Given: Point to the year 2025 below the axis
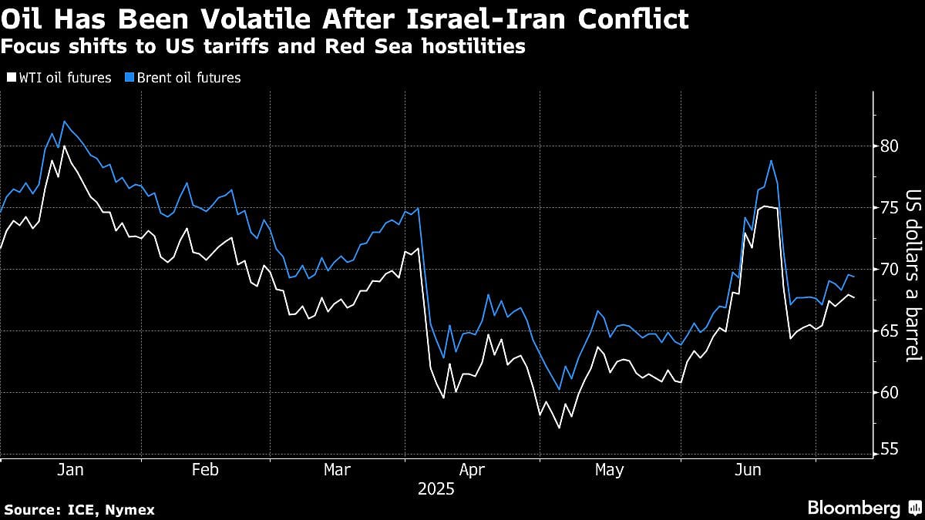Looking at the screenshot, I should (436, 489).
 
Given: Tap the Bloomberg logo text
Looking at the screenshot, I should (853, 508).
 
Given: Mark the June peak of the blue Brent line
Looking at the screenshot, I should (771, 160).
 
